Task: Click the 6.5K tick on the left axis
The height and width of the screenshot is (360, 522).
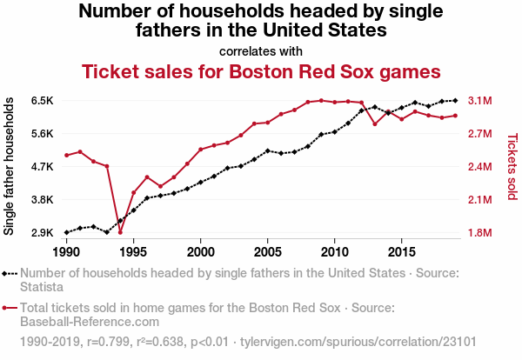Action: pyautogui.click(x=42, y=101)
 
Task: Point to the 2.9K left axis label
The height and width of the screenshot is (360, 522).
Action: pyautogui.click(x=42, y=233)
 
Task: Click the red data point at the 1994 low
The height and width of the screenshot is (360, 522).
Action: pyautogui.click(x=120, y=231)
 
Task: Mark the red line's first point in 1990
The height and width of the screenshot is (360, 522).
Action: pyautogui.click(x=66, y=155)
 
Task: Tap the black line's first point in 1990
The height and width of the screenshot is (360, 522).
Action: pyautogui.click(x=66, y=232)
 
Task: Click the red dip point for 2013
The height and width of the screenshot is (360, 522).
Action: pyautogui.click(x=375, y=123)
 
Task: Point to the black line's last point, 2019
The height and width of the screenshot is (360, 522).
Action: pyautogui.click(x=455, y=101)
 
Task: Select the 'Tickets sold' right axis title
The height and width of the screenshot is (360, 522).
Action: pyautogui.click(x=512, y=166)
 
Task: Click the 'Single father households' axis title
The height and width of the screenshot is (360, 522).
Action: pyautogui.click(x=10, y=166)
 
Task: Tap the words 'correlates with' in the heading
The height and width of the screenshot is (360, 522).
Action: pyautogui.click(x=261, y=50)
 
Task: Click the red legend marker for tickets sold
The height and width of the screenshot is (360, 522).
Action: pyautogui.click(x=10, y=308)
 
